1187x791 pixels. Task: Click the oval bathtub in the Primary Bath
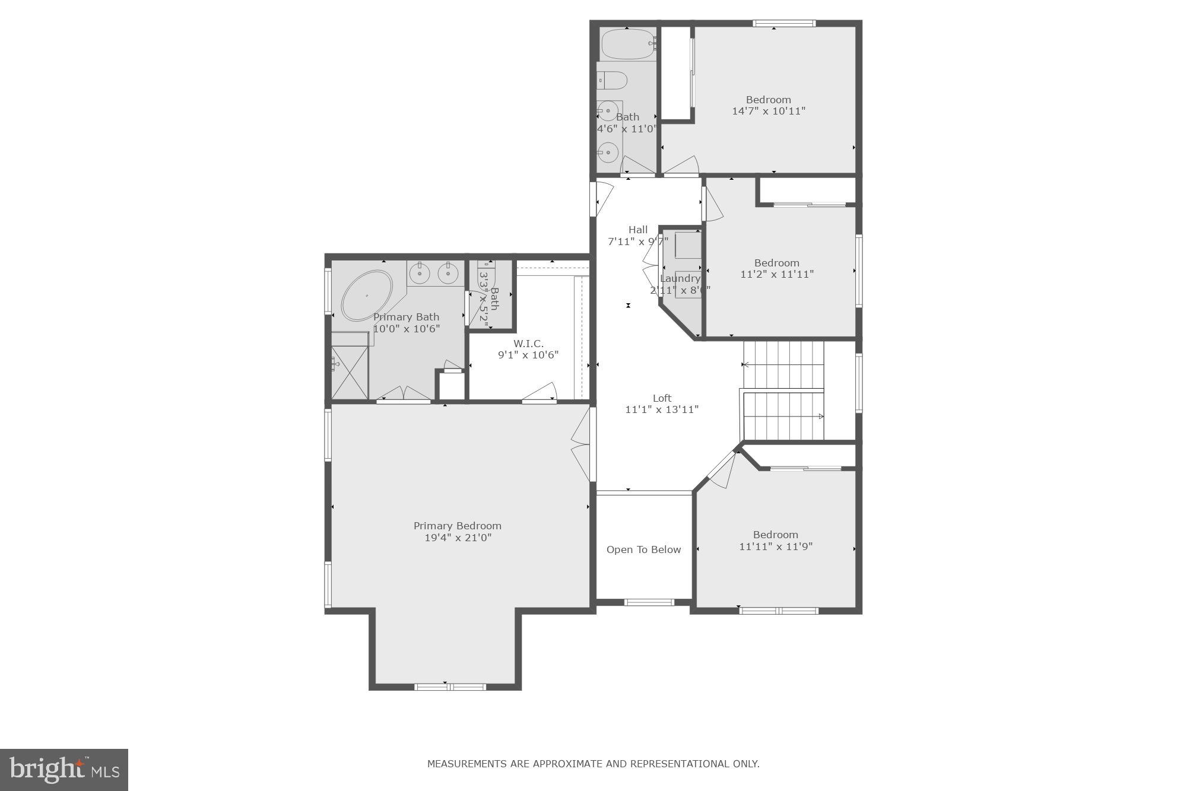pos(367,296)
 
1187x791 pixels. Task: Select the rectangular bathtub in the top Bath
pos(628,44)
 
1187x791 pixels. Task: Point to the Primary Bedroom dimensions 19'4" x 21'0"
pos(458,538)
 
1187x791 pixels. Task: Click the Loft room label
pos(662,398)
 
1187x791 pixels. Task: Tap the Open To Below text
pos(643,549)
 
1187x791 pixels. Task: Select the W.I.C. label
pos(528,344)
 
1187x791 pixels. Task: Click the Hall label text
pos(638,230)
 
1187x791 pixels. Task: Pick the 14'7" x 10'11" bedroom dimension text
pos(769,111)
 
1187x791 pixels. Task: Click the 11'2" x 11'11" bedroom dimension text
pos(776,274)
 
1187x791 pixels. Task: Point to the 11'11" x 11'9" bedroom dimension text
pos(775,547)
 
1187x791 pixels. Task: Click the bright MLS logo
pos(64,770)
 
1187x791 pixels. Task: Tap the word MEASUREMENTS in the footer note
pos(467,764)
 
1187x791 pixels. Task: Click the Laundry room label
pos(680,278)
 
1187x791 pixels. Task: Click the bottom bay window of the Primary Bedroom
pos(450,687)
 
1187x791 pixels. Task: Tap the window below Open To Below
pos(649,602)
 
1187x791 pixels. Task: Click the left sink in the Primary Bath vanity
pos(420,274)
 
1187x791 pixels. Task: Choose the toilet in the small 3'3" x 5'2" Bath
pos(487,272)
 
